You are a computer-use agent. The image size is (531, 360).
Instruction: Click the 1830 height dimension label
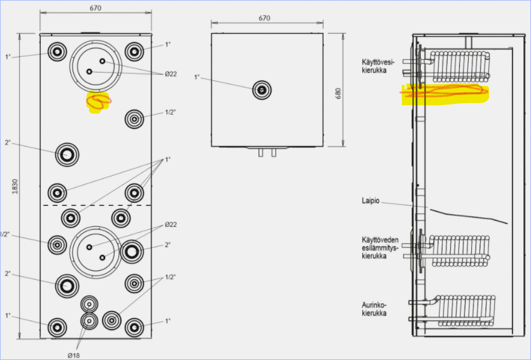coord(15,187)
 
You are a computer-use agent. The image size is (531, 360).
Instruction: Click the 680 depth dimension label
coord(338,94)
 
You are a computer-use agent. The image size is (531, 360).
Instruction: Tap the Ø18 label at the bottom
coord(73,356)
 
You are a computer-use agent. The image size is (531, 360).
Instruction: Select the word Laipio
coord(371,201)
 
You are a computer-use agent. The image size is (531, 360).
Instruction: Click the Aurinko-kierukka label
coord(374,309)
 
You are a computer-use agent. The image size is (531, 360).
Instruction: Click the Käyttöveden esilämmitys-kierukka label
coord(380,248)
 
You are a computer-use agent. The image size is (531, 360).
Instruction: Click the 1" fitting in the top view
coord(262,90)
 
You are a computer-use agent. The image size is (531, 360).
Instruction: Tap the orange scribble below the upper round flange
coord(99,101)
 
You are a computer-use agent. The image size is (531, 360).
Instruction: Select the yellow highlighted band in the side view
coord(445,94)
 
